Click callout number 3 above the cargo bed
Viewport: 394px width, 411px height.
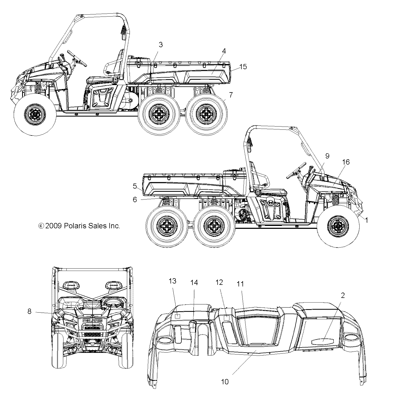tap(161, 45)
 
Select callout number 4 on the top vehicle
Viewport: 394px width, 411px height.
tap(224, 51)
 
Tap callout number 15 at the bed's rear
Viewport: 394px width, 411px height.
tap(243, 67)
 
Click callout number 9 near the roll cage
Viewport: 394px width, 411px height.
tap(327, 156)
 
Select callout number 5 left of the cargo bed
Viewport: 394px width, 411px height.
tap(135, 186)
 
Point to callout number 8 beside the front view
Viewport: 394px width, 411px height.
tap(29, 311)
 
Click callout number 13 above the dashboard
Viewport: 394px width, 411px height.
tap(173, 281)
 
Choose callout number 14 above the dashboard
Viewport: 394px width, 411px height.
tap(194, 283)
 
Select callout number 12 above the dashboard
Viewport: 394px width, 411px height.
tap(219, 282)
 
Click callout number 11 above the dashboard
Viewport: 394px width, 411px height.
tap(240, 284)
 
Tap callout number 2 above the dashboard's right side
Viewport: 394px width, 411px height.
tap(343, 295)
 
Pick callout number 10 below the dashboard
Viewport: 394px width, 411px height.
tap(225, 382)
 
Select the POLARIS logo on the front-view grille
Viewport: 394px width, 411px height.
tap(93, 320)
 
